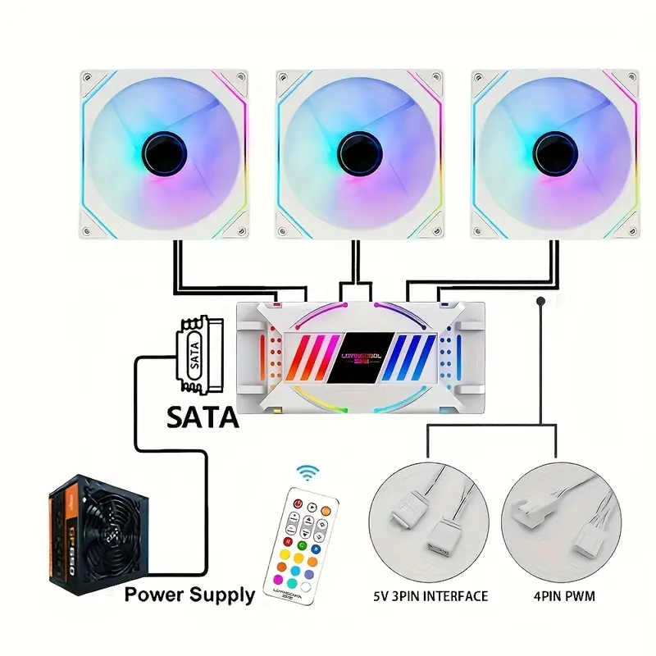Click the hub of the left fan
pos(162,150)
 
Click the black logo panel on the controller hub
pos(365,356)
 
